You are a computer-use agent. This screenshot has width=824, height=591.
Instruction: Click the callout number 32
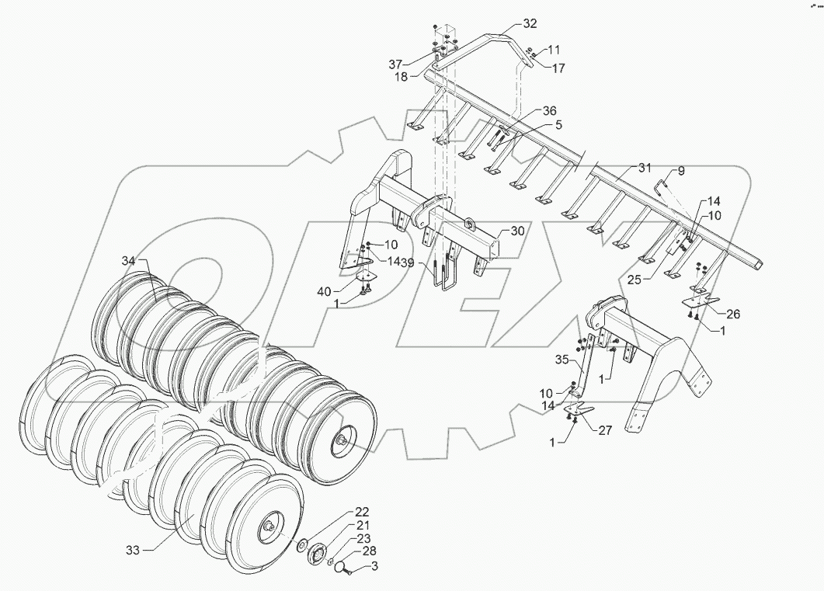[x=530, y=23]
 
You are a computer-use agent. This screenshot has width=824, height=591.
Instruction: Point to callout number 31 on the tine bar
[x=645, y=168]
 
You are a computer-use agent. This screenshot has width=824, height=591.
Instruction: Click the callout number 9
[x=680, y=170]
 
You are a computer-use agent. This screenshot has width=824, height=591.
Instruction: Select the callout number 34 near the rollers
[x=127, y=261]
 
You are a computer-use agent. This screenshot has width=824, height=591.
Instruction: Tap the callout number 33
[x=134, y=550]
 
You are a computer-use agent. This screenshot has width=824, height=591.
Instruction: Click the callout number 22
[x=362, y=513]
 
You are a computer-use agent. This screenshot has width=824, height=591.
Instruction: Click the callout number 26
[x=733, y=314]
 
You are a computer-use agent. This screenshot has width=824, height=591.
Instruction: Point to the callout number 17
[x=558, y=68]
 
